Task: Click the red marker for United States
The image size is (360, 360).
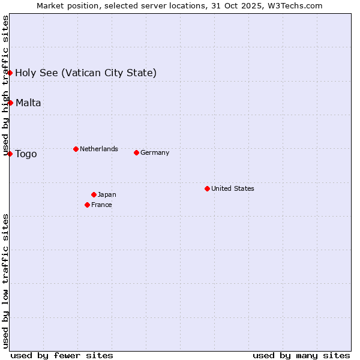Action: coord(207,188)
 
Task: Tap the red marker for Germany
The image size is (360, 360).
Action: coord(136,152)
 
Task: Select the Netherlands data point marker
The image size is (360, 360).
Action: coord(76,149)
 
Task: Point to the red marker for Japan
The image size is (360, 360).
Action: coord(94,194)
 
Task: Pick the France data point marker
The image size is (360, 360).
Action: coord(87,205)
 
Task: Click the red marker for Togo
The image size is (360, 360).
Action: coord(10,154)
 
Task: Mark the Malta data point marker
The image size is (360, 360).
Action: coord(10,103)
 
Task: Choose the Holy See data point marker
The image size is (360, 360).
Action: coord(10,73)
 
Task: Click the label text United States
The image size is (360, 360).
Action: coord(233,188)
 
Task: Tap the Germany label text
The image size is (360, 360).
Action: coord(155,152)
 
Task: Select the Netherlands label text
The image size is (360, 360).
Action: coord(99,149)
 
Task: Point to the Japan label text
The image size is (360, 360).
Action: coord(107,194)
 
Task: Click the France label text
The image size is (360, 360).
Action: coord(101,205)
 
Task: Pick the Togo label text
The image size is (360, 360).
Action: coord(26,154)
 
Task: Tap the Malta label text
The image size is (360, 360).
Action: coord(28,103)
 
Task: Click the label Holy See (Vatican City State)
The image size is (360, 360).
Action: coord(86,73)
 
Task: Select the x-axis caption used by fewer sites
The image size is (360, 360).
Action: coord(62,355)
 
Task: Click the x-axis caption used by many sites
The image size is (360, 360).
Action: coord(301,355)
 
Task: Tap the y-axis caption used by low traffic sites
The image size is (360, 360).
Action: coord(5,280)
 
